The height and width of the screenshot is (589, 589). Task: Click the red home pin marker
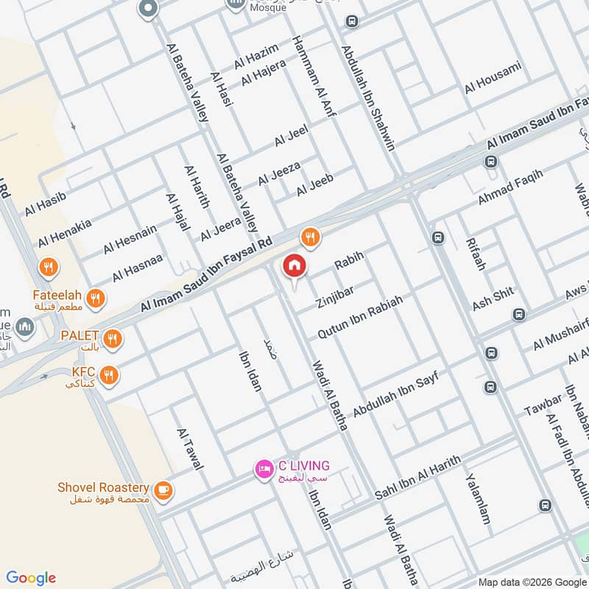click(294, 267)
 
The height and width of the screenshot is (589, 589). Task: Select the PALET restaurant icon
click(112, 339)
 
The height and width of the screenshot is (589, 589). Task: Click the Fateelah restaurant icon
click(94, 299)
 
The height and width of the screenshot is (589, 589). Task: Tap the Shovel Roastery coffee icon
click(162, 489)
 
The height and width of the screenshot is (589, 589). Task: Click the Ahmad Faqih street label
click(510, 187)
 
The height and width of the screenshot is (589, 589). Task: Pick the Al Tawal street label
click(189, 449)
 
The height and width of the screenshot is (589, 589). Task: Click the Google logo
click(31, 578)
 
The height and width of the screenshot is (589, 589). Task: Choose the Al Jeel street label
click(291, 135)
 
